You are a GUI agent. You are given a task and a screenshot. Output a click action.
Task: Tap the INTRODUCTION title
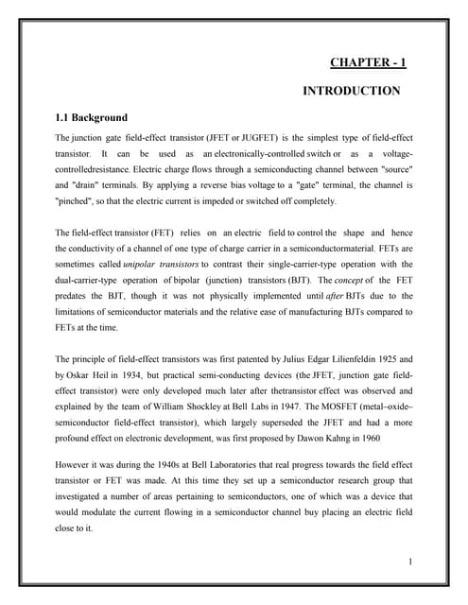click(x=351, y=92)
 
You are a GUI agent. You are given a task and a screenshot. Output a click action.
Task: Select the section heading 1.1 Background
click(x=92, y=118)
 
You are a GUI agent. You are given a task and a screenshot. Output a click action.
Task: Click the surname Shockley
click(x=215, y=406)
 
